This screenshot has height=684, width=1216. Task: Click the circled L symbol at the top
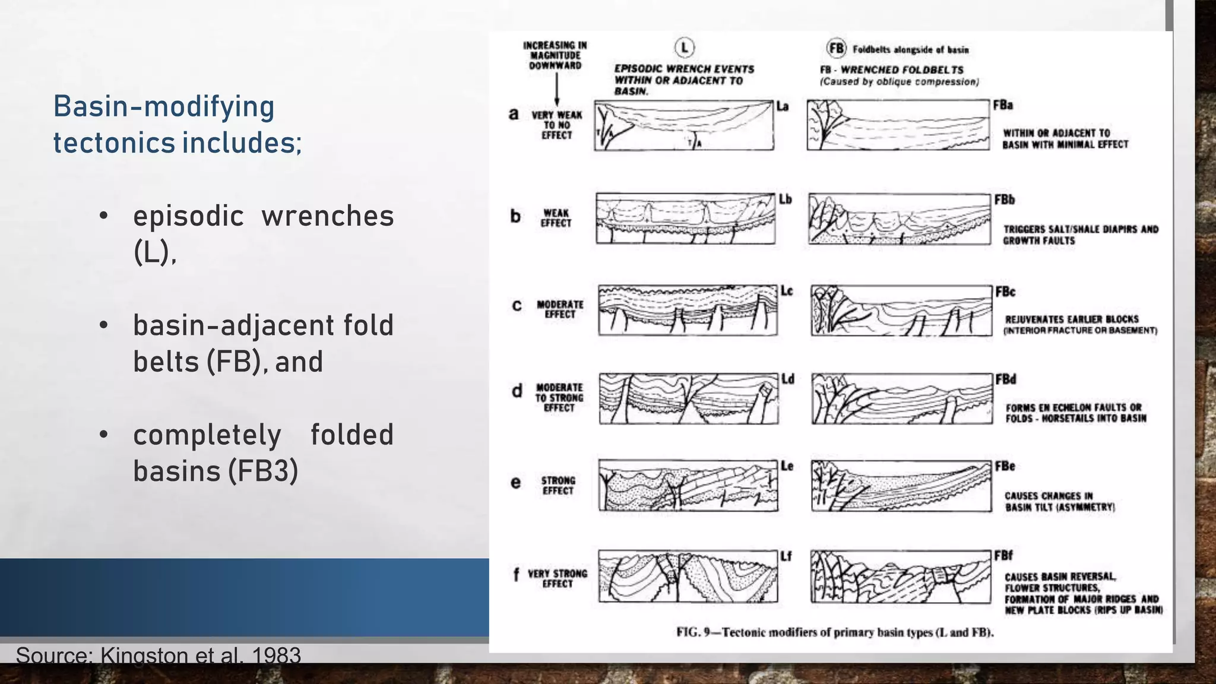(685, 47)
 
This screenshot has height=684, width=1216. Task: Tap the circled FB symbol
(836, 48)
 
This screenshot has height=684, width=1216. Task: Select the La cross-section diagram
(684, 125)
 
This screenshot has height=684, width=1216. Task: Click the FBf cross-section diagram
(901, 577)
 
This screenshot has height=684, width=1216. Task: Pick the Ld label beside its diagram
(788, 379)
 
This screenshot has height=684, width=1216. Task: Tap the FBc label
(1005, 292)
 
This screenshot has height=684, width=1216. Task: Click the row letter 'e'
(515, 483)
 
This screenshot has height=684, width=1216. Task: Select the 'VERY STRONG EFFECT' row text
(558, 578)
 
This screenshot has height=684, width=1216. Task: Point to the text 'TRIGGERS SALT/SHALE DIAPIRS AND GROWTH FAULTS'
(1081, 235)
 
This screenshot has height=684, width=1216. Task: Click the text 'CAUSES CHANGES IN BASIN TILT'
(1060, 501)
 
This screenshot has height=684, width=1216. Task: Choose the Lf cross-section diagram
(688, 577)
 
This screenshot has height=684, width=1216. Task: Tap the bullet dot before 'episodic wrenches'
(104, 216)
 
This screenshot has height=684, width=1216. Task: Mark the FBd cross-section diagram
(901, 398)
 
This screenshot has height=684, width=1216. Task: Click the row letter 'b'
(515, 216)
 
